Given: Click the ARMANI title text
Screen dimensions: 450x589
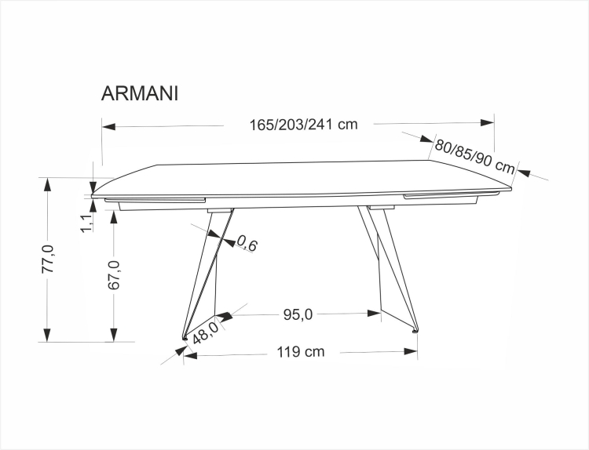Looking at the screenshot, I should [x=140, y=93].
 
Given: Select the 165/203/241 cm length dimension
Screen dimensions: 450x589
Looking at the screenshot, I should [x=303, y=124].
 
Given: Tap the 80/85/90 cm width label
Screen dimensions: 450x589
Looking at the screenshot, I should [x=475, y=155].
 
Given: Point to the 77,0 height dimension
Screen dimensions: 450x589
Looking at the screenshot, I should [x=48, y=259].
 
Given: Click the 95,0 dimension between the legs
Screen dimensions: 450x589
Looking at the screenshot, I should [x=298, y=314].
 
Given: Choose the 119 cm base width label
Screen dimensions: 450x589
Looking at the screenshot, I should [x=300, y=352].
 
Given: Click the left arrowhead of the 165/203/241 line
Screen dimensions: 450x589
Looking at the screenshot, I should [x=108, y=125].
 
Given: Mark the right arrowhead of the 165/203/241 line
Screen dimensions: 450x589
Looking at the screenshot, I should [x=487, y=123].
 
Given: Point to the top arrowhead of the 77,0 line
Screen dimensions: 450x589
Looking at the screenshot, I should [x=48, y=183].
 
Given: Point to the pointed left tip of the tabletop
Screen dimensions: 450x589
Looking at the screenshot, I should [x=93, y=191].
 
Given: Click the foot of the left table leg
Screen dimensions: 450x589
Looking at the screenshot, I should [x=185, y=339].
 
